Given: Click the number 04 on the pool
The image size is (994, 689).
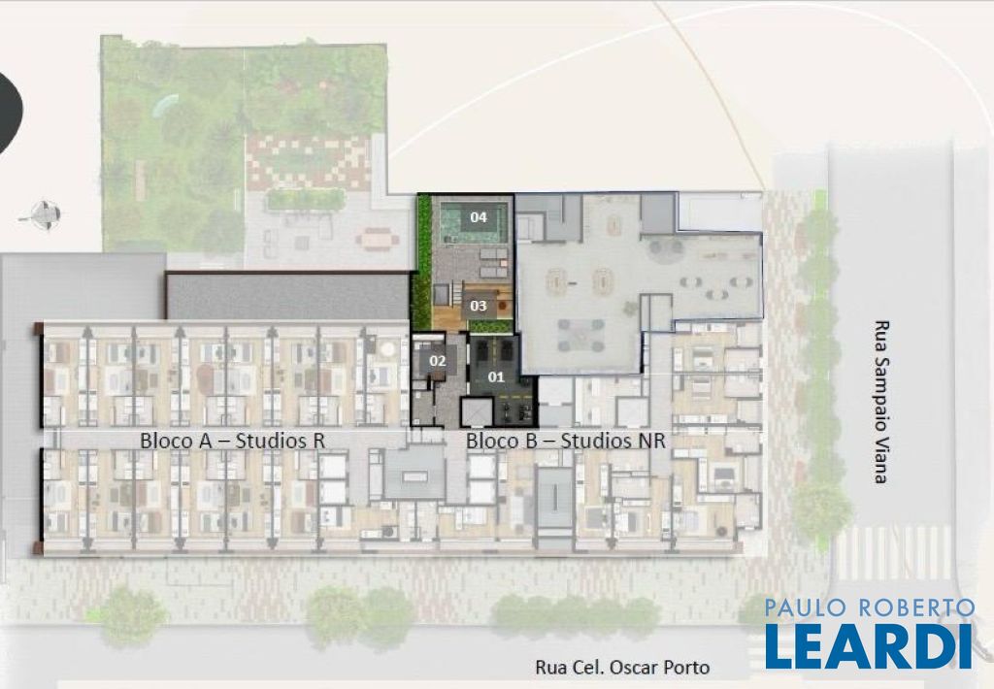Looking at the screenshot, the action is pyautogui.click(x=479, y=217).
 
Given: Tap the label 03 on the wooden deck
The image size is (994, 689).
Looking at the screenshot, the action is pyautogui.click(x=479, y=306).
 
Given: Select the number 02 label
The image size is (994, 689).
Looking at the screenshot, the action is pyautogui.click(x=438, y=361).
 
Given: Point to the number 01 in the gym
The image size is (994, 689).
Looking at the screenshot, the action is pyautogui.click(x=496, y=377).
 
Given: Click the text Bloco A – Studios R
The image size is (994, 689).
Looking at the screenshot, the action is pyautogui.click(x=233, y=441).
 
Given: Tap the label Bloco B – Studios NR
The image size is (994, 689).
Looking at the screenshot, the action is pyautogui.click(x=566, y=441).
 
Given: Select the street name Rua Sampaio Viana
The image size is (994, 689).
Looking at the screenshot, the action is pyautogui.click(x=880, y=402).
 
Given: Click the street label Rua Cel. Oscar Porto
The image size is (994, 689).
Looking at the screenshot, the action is pyautogui.click(x=622, y=668).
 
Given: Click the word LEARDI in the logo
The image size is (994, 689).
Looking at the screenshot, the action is pyautogui.click(x=869, y=646).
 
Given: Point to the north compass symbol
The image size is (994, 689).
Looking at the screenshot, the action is pyautogui.click(x=41, y=215).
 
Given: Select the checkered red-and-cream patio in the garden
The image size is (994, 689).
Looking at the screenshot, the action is pyautogui.click(x=309, y=162).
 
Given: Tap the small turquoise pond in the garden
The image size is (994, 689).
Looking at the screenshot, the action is pyautogui.click(x=165, y=105).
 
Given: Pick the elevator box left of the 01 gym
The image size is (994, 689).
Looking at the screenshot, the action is pyautogui.click(x=476, y=412).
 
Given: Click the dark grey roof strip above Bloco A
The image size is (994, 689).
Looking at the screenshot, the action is pyautogui.click(x=287, y=296).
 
